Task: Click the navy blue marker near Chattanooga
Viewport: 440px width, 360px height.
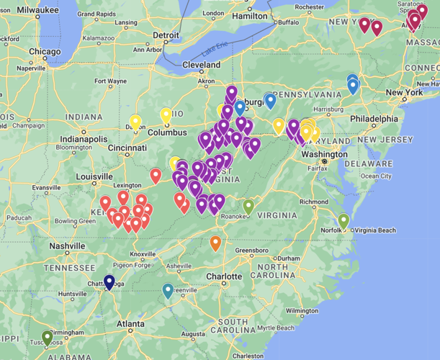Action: (x=109, y=282)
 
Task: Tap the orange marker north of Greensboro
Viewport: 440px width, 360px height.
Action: (x=215, y=243)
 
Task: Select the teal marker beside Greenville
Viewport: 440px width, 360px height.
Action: (x=168, y=291)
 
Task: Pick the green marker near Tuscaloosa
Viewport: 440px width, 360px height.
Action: (x=48, y=337)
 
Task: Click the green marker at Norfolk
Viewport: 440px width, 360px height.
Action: (x=344, y=221)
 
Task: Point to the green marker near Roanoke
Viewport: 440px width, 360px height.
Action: (x=248, y=207)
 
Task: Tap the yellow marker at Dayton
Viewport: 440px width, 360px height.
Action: (x=135, y=122)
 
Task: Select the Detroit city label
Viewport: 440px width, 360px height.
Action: (x=166, y=35)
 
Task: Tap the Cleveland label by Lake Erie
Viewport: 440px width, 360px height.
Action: (x=202, y=65)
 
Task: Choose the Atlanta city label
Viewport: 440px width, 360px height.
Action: (x=130, y=323)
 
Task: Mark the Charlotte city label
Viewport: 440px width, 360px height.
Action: (x=223, y=276)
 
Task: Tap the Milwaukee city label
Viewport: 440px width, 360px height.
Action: (x=29, y=10)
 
